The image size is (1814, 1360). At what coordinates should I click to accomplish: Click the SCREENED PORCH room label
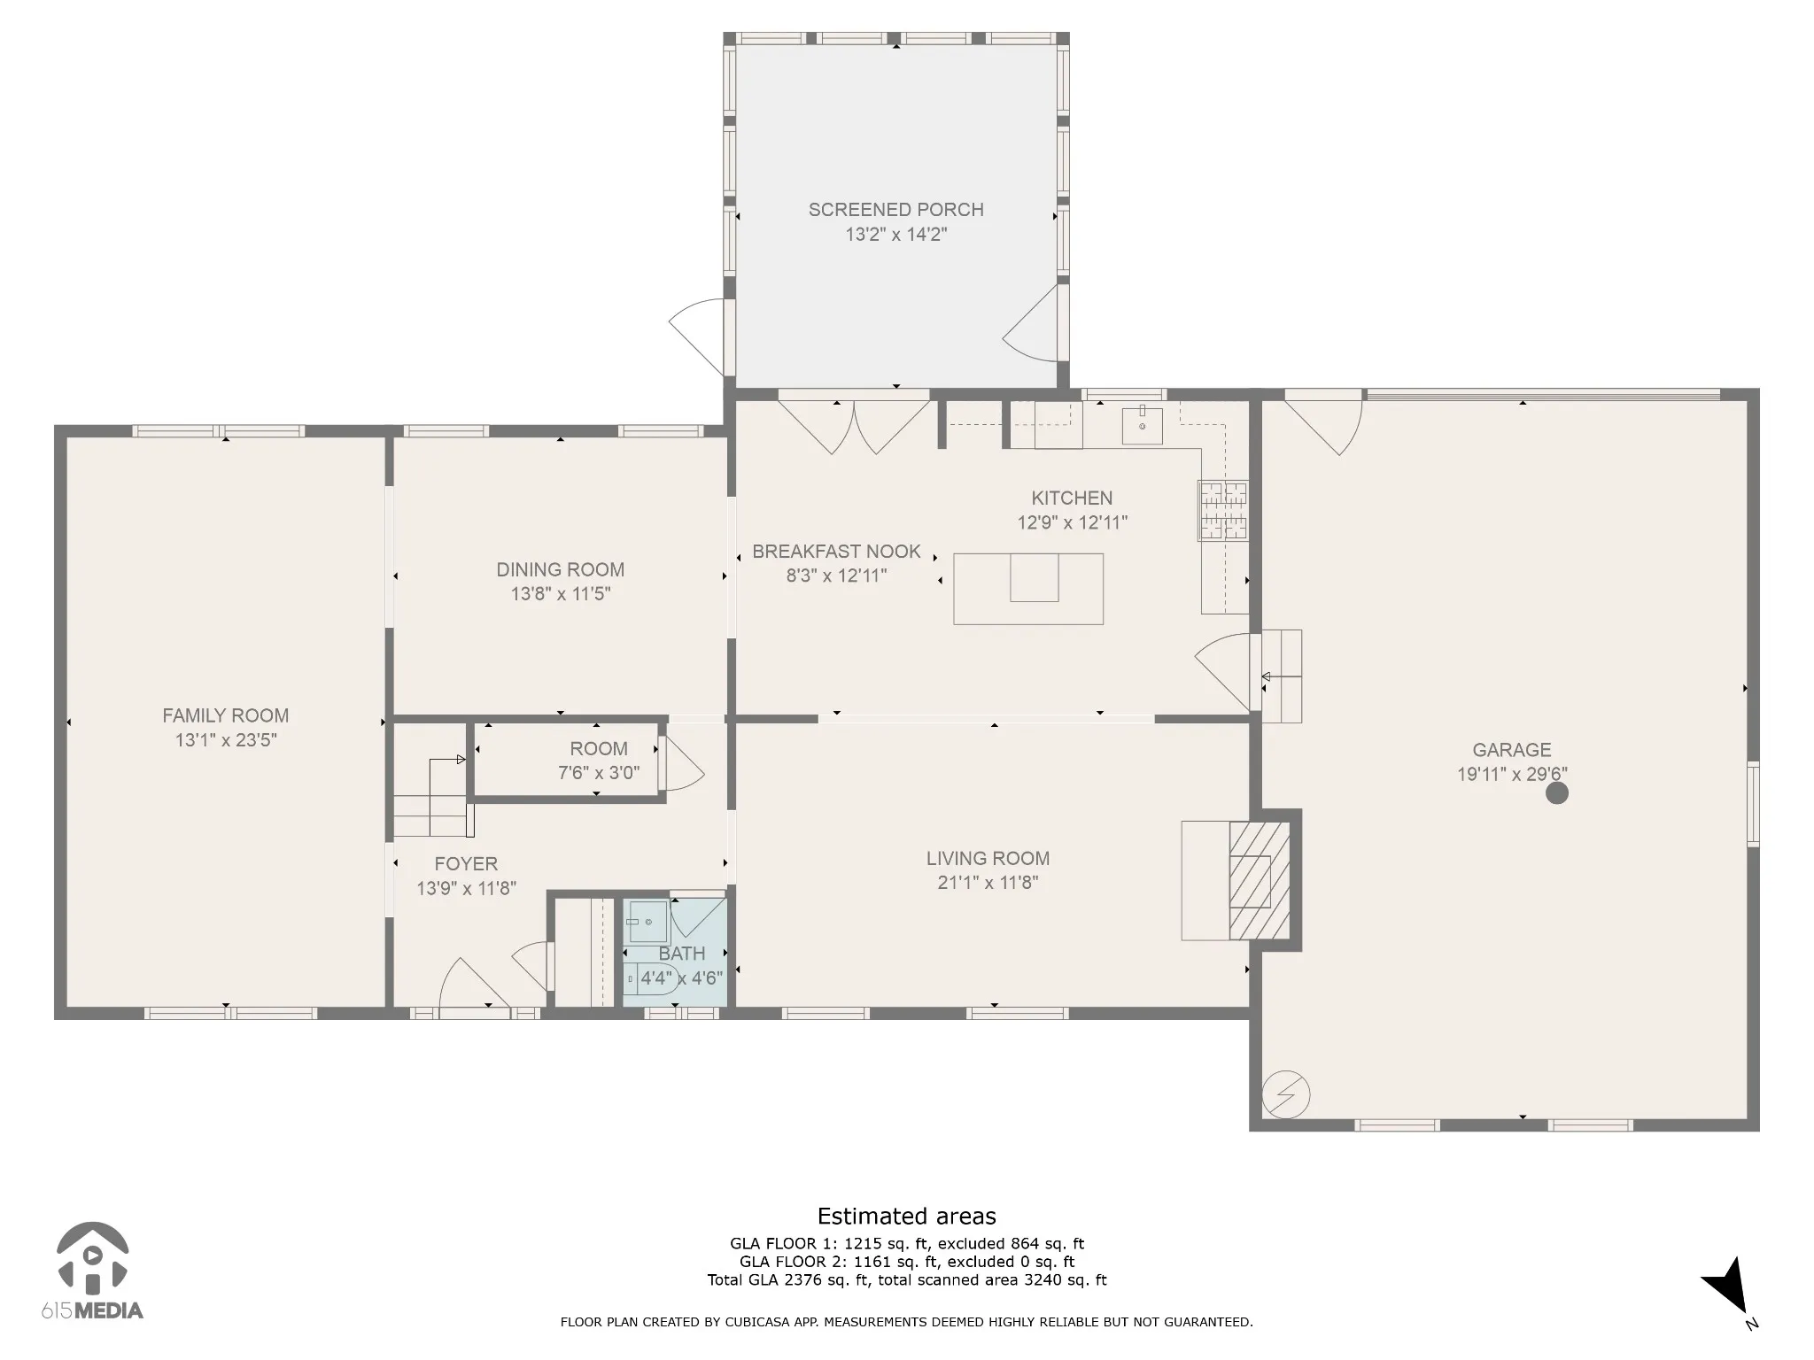[895, 210]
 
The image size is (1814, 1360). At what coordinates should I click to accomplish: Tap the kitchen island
[1028, 589]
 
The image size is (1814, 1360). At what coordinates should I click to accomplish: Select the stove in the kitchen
[1223, 510]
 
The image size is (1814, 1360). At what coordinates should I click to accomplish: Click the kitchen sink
[1142, 426]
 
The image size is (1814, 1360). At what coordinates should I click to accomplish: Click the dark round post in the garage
[1556, 792]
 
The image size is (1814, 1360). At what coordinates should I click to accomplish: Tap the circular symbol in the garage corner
[1286, 1095]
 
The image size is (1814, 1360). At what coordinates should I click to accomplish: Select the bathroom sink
[647, 922]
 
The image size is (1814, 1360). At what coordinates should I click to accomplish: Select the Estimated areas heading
[906, 1216]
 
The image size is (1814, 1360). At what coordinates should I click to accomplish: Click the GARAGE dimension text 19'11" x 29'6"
[1512, 774]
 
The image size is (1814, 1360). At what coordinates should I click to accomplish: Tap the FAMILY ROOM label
[225, 715]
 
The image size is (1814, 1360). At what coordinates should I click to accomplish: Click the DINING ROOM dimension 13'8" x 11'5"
[561, 593]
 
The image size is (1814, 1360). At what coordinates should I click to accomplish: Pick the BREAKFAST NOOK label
[836, 552]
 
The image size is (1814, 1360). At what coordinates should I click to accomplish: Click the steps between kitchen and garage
[1282, 676]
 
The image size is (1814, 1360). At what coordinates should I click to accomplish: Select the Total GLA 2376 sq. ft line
[906, 1279]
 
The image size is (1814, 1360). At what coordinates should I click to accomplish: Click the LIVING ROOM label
[988, 858]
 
